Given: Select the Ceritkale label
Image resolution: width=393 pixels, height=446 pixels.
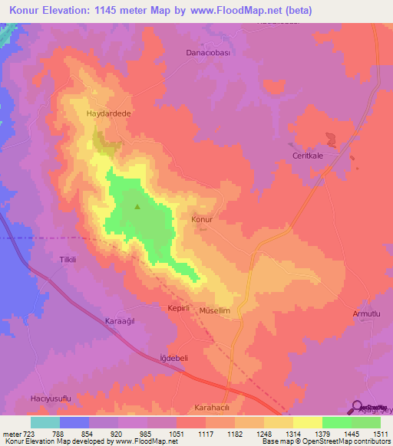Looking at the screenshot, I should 309,150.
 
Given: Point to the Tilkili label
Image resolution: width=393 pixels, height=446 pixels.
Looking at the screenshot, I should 68,260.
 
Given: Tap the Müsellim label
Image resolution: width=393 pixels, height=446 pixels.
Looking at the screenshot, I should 216,312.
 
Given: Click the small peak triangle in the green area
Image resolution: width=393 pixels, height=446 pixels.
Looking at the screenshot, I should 138,206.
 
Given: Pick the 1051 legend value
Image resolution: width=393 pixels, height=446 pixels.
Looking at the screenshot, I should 176,433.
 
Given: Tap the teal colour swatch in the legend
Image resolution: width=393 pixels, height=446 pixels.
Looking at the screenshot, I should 45,422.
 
